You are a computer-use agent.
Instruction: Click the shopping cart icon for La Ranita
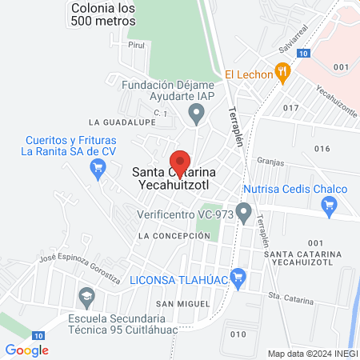point(98,167)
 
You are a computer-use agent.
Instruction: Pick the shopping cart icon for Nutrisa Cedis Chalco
point(328,206)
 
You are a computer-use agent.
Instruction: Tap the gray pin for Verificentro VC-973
point(245,213)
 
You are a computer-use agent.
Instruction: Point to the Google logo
point(26,350)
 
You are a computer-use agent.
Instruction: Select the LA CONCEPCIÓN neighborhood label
point(167,237)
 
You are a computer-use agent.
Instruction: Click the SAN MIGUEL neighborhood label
point(182,304)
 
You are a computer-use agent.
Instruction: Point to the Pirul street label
point(137,46)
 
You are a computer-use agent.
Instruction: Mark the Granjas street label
point(271,161)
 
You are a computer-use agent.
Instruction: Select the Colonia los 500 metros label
point(103,14)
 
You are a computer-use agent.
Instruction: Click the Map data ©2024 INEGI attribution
point(311,353)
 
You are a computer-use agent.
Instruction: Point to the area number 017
point(290,106)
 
